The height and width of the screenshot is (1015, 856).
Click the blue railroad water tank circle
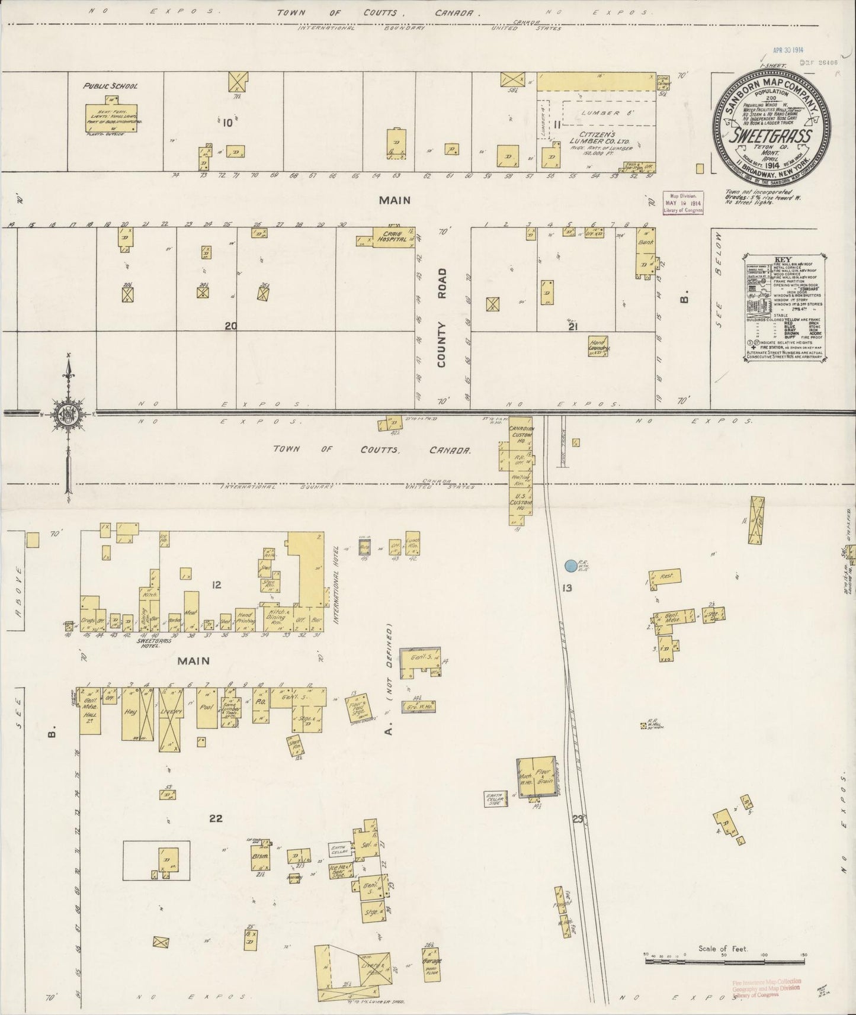(570, 566)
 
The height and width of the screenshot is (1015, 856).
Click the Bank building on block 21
(645, 255)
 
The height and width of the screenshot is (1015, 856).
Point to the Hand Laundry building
(598, 346)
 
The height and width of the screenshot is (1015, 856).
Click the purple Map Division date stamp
(684, 203)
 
